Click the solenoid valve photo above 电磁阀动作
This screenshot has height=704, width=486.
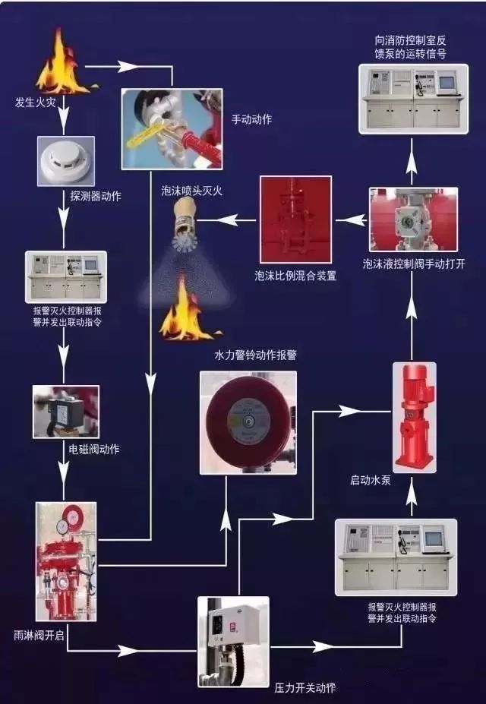65,412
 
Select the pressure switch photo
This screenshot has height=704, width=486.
234,641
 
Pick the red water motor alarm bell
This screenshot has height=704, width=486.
248,422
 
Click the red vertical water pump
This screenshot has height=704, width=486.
414,417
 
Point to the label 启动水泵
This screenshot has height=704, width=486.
371,480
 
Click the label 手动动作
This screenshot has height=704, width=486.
251,118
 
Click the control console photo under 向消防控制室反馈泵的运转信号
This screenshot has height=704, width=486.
413,99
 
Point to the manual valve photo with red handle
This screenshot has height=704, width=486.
172,128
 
